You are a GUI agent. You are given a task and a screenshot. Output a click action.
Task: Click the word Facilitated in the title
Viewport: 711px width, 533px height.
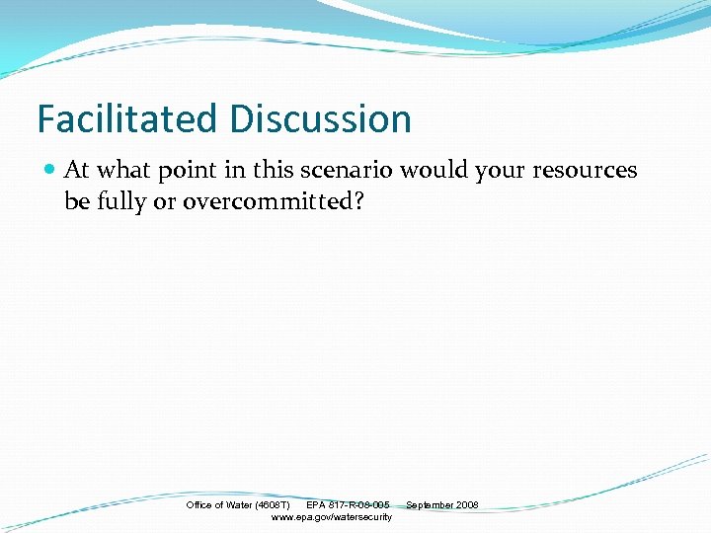tap(127, 119)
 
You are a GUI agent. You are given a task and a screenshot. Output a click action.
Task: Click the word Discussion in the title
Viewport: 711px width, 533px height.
tap(320, 119)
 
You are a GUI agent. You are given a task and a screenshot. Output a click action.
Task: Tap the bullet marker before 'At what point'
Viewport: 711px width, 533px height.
tap(49, 171)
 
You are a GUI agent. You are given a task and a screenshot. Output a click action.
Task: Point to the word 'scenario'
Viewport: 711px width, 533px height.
tap(345, 171)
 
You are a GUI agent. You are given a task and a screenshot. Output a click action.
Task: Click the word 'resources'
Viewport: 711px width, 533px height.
tap(585, 171)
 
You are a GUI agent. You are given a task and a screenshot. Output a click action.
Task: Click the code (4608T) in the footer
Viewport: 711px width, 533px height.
tap(273, 505)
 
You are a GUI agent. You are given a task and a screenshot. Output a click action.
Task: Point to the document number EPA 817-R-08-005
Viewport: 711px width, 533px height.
tap(348, 505)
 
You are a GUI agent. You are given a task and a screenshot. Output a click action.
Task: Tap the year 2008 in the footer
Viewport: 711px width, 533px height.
tap(467, 505)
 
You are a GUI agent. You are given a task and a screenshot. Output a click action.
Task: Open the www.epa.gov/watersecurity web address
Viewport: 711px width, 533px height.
tap(331, 517)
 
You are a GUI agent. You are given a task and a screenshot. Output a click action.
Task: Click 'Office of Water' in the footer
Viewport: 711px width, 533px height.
tap(219, 505)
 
